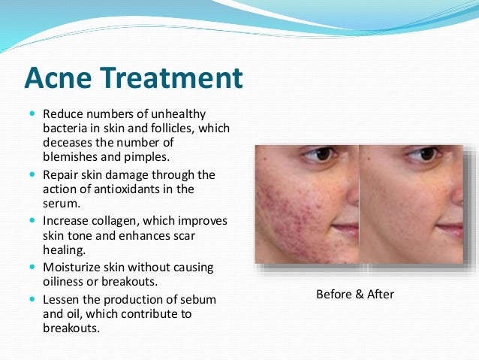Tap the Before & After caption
(x=355, y=294)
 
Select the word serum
(x=59, y=203)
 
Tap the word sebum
(x=200, y=299)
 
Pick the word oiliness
(x=64, y=281)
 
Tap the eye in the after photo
(x=417, y=156)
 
